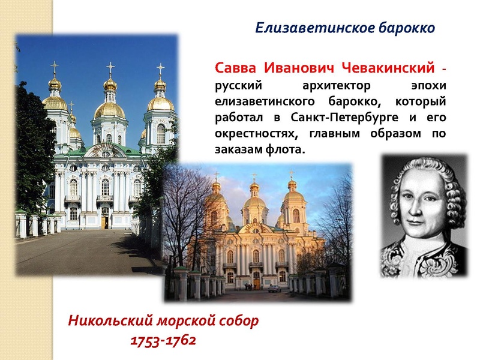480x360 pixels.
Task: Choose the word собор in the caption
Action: pyautogui.click(x=239, y=320)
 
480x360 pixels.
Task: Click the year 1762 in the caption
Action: pyautogui.click(x=182, y=340)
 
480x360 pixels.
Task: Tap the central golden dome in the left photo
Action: pyautogui.click(x=110, y=109)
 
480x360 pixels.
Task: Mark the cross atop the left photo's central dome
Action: pyautogui.click(x=110, y=68)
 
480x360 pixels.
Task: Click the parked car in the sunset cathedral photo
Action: pyautogui.click(x=274, y=289)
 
